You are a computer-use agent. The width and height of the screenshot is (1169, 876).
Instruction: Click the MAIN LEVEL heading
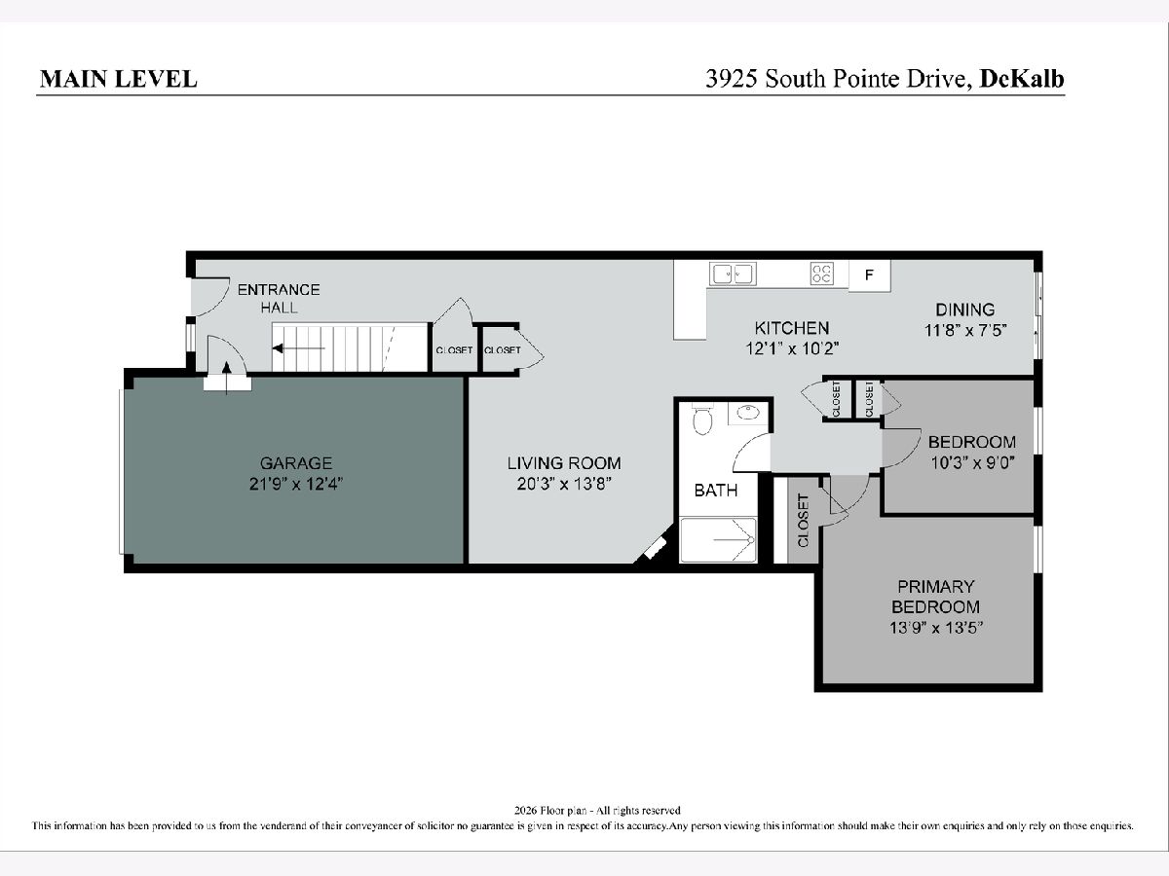(x=118, y=79)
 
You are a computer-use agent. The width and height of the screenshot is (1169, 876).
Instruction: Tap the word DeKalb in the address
(x=1022, y=79)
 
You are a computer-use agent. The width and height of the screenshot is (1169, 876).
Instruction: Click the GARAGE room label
(x=296, y=462)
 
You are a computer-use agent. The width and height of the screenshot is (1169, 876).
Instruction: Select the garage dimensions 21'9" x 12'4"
(x=296, y=484)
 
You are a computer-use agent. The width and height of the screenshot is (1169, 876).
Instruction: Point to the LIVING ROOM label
(x=564, y=462)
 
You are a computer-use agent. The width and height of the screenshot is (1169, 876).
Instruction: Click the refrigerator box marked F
(x=869, y=275)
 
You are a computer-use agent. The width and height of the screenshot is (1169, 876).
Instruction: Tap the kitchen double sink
(x=733, y=274)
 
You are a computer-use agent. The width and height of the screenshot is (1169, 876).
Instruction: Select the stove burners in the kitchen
(x=822, y=274)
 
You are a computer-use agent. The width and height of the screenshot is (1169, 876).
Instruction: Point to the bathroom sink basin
(x=748, y=413)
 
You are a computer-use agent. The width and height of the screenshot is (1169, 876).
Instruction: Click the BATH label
(x=716, y=490)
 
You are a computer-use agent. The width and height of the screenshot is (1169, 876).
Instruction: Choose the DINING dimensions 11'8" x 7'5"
(x=965, y=330)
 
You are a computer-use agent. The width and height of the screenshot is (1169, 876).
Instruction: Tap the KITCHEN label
(x=792, y=328)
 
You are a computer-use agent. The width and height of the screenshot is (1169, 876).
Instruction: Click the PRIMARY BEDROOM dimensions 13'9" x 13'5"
(x=936, y=628)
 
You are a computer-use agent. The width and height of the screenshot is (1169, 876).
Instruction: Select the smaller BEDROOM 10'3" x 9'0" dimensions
(x=972, y=462)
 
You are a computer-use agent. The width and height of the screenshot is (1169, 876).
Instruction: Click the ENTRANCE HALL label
(x=279, y=299)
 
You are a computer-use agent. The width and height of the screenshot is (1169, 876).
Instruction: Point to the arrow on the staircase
(x=298, y=348)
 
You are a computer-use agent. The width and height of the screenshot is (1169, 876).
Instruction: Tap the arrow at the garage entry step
(x=227, y=379)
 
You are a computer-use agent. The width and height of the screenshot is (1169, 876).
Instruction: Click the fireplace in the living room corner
(x=655, y=547)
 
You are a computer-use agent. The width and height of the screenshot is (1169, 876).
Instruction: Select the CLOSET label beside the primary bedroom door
(x=803, y=521)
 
